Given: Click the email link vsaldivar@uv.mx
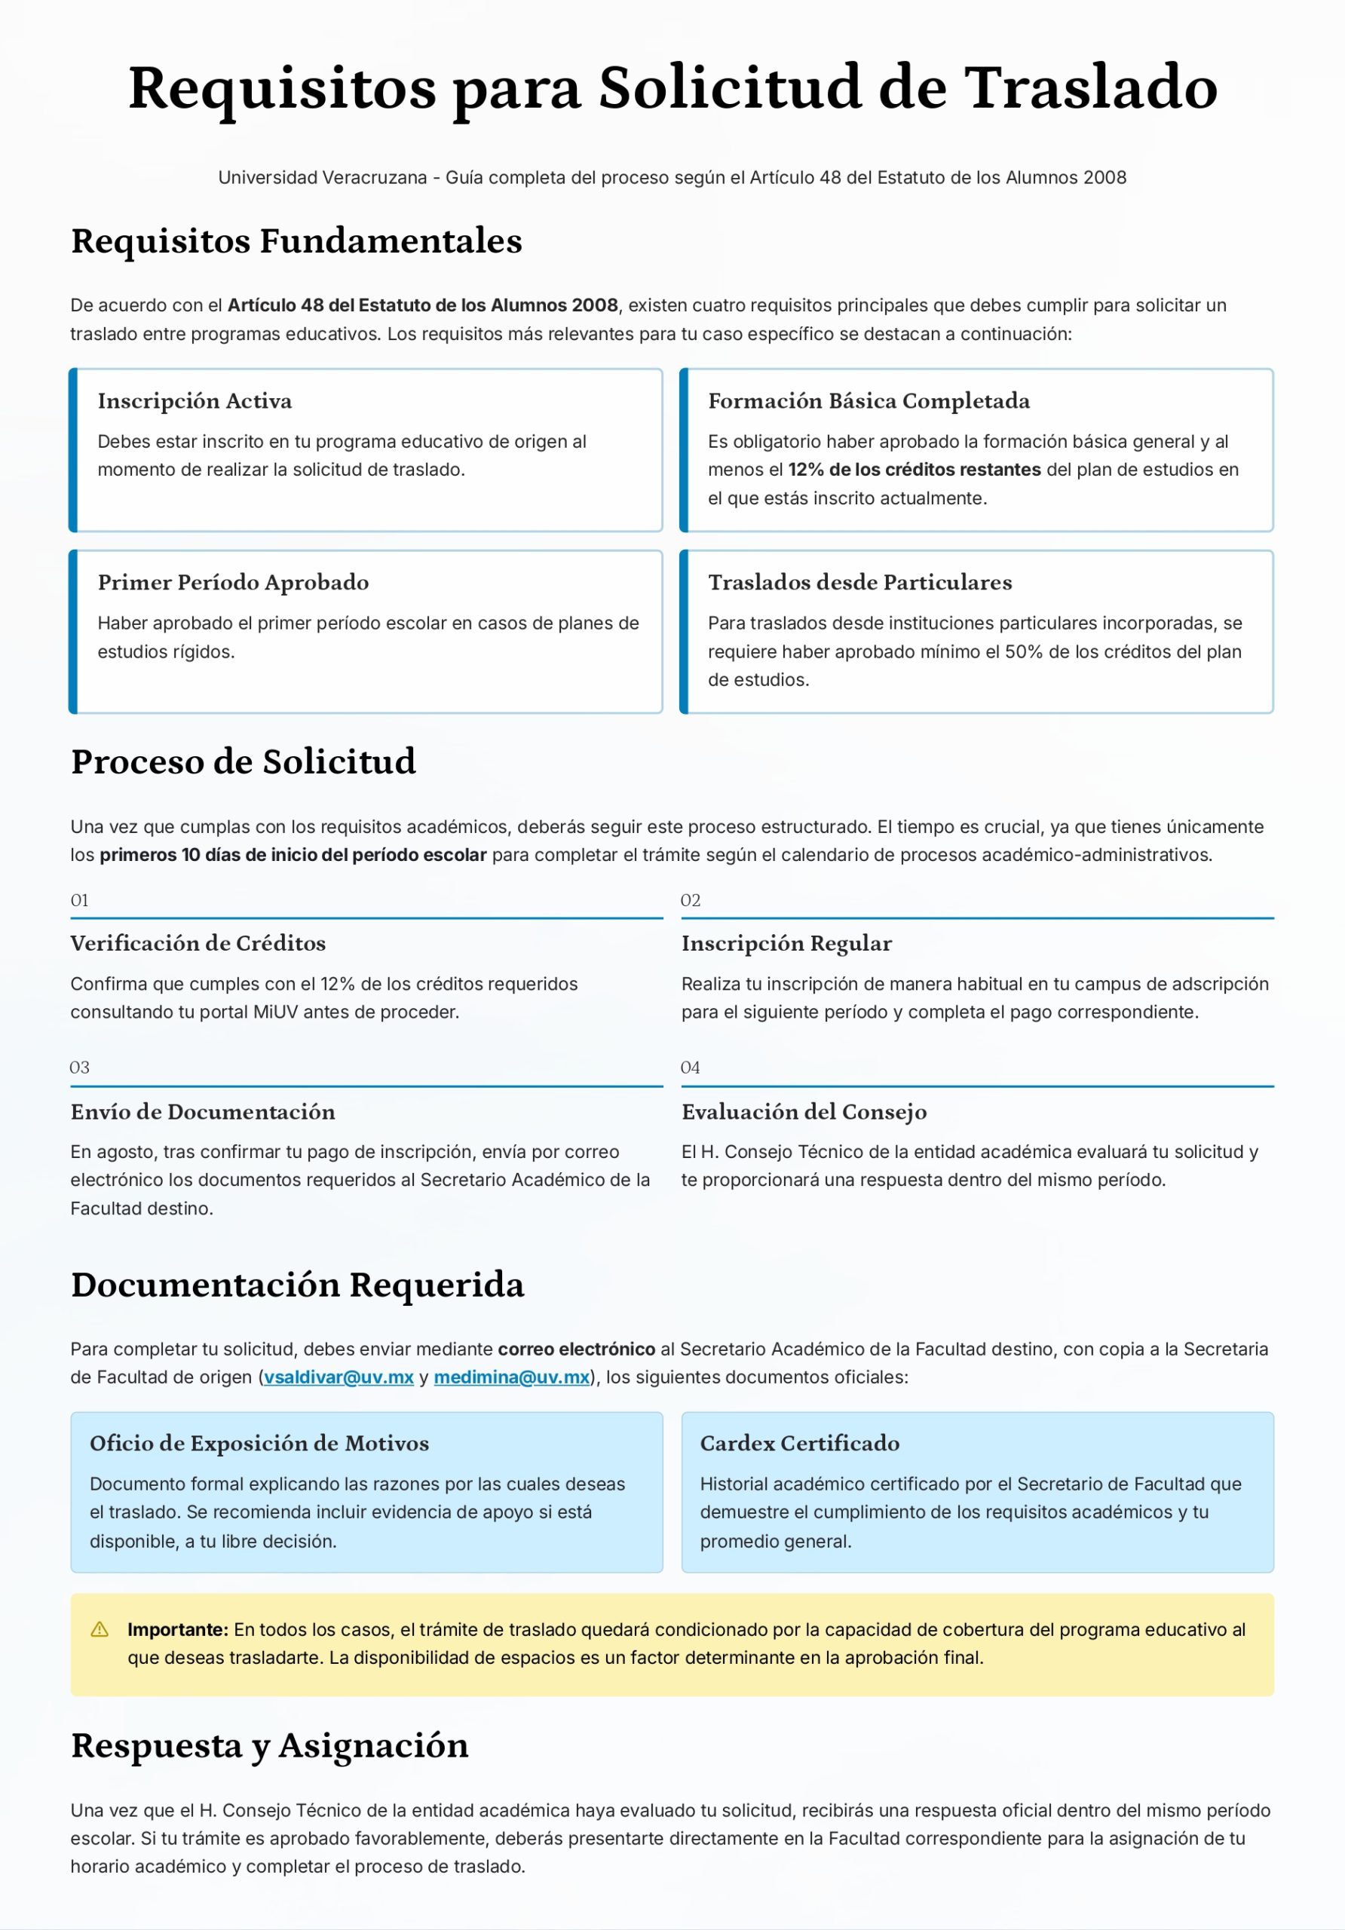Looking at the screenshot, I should coord(338,1377).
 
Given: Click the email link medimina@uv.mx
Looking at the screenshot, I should coord(511,1377).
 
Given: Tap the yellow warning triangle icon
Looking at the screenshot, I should coord(100,1629).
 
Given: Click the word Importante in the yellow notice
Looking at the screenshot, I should coord(177,1629).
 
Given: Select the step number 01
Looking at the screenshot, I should coord(80,900).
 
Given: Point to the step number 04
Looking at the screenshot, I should coord(690,1068).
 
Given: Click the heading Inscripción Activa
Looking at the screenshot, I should coord(195,401).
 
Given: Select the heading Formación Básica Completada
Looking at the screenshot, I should coord(869,401).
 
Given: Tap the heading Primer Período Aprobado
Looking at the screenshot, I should coord(233,583).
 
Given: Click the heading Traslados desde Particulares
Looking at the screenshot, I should coord(859,583).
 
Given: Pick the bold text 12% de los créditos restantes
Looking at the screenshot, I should coord(914,470).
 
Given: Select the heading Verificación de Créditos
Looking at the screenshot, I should coord(198,943).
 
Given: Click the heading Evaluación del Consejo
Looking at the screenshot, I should coord(804,1111).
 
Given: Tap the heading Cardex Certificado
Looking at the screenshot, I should coord(799,1443).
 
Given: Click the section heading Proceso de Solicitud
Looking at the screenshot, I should coord(243,761).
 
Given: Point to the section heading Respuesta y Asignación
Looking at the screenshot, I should coord(269,1745).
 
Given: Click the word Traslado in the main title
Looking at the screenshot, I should coord(1090,87).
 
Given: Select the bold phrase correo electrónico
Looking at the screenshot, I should coord(576,1349).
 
